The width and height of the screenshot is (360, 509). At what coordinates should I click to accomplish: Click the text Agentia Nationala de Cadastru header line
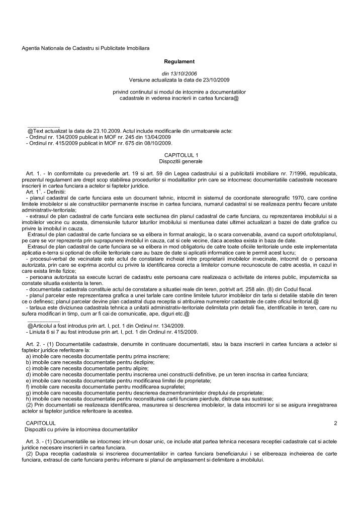(78, 48)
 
